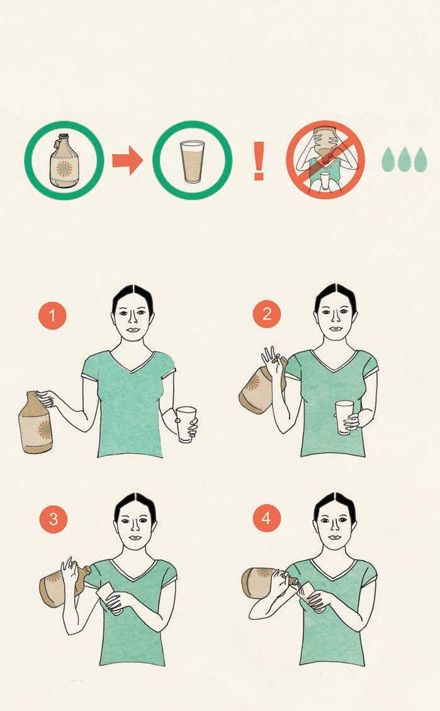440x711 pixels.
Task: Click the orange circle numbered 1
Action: pyautogui.click(x=53, y=315)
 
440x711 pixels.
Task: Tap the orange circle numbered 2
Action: pyautogui.click(x=267, y=314)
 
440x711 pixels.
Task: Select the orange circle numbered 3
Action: pyautogui.click(x=54, y=518)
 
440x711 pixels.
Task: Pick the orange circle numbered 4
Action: pyautogui.click(x=266, y=518)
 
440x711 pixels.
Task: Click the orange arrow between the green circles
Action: pyautogui.click(x=127, y=160)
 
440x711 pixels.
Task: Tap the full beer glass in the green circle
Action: pyautogui.click(x=193, y=162)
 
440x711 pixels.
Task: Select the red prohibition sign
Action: pyautogui.click(x=325, y=160)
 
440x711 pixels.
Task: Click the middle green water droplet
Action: pyautogui.click(x=404, y=159)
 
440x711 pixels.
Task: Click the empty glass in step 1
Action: pyautogui.click(x=186, y=425)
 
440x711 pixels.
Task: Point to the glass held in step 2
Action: pyautogui.click(x=344, y=417)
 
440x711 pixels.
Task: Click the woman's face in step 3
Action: pyautogui.click(x=135, y=526)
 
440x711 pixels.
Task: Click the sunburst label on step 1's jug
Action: pyautogui.click(x=45, y=429)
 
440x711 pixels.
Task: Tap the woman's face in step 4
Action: pyautogui.click(x=335, y=525)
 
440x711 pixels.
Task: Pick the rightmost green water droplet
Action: pyautogui.click(x=420, y=159)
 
